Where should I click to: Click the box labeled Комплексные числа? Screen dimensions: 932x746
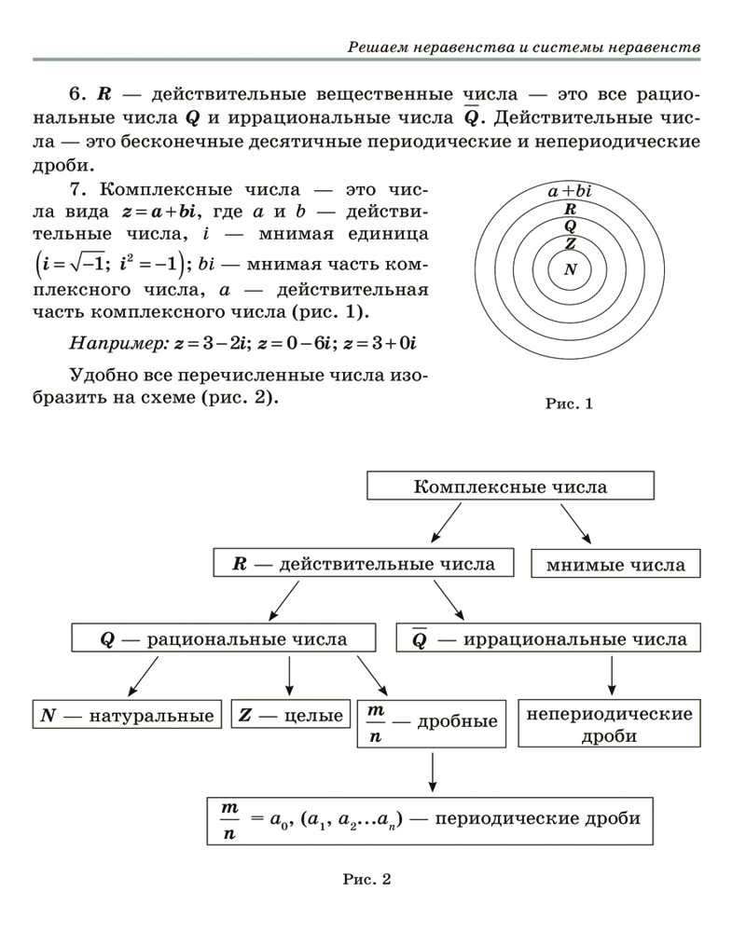(x=509, y=487)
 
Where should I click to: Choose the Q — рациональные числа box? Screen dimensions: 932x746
(x=224, y=639)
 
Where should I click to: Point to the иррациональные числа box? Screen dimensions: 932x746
(x=549, y=639)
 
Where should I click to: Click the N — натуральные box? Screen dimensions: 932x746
(x=128, y=716)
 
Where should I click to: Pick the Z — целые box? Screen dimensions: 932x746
(x=290, y=716)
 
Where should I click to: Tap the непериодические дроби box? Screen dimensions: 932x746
(x=610, y=724)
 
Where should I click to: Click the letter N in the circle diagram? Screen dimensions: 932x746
(x=570, y=270)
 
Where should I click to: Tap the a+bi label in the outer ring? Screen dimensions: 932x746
(x=570, y=191)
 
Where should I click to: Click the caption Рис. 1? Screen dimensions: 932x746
(x=569, y=404)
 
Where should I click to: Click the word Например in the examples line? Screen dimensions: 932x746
(x=117, y=344)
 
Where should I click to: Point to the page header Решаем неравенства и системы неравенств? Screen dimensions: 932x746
(x=523, y=46)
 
